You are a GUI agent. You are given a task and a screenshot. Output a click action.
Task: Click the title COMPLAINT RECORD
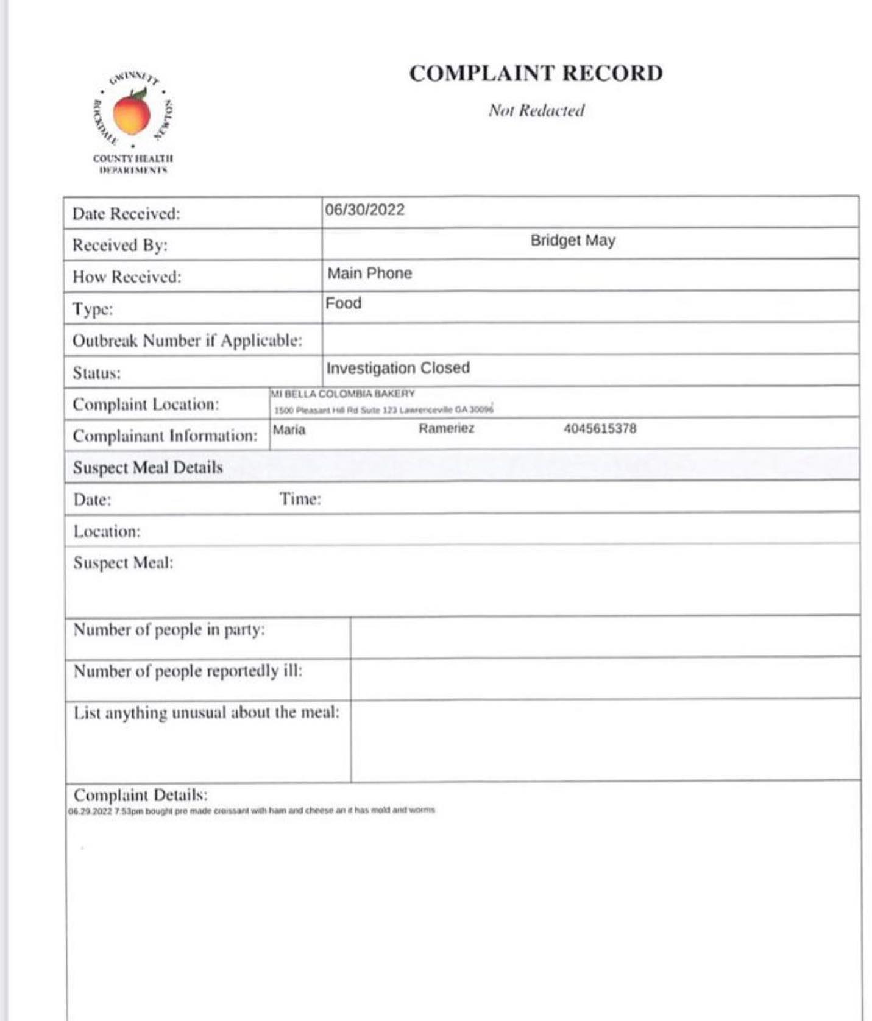click(x=536, y=74)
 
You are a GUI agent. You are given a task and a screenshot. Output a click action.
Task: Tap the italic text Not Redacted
click(x=536, y=110)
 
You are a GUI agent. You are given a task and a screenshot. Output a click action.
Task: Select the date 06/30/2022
click(x=364, y=210)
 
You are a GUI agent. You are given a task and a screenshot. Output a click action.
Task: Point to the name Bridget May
click(x=573, y=240)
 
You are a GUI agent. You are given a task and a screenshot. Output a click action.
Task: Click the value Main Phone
click(x=370, y=274)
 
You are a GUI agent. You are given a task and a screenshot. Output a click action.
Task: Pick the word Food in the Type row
click(x=343, y=303)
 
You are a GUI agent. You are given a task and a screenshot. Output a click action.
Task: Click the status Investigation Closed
click(x=398, y=368)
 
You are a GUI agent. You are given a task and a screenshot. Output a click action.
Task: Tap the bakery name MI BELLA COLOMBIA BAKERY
click(x=342, y=394)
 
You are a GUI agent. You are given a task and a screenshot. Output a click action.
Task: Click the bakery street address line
click(x=383, y=410)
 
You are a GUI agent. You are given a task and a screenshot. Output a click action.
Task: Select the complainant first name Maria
click(x=289, y=430)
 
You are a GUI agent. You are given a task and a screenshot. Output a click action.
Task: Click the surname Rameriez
click(x=446, y=428)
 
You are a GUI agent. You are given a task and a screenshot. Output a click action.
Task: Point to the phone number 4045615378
click(x=600, y=428)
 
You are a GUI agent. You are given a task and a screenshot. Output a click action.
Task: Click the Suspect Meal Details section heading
click(x=148, y=467)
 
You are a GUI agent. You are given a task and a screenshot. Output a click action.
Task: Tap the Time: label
click(x=300, y=500)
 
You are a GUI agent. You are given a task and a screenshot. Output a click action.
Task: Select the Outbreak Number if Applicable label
click(x=187, y=341)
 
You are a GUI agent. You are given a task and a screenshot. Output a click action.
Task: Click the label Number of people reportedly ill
click(x=188, y=671)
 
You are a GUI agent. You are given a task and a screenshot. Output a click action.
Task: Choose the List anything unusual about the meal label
click(x=206, y=713)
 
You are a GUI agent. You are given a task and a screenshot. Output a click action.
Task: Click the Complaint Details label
click(x=140, y=795)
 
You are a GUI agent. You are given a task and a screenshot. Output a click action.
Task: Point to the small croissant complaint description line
click(x=251, y=811)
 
